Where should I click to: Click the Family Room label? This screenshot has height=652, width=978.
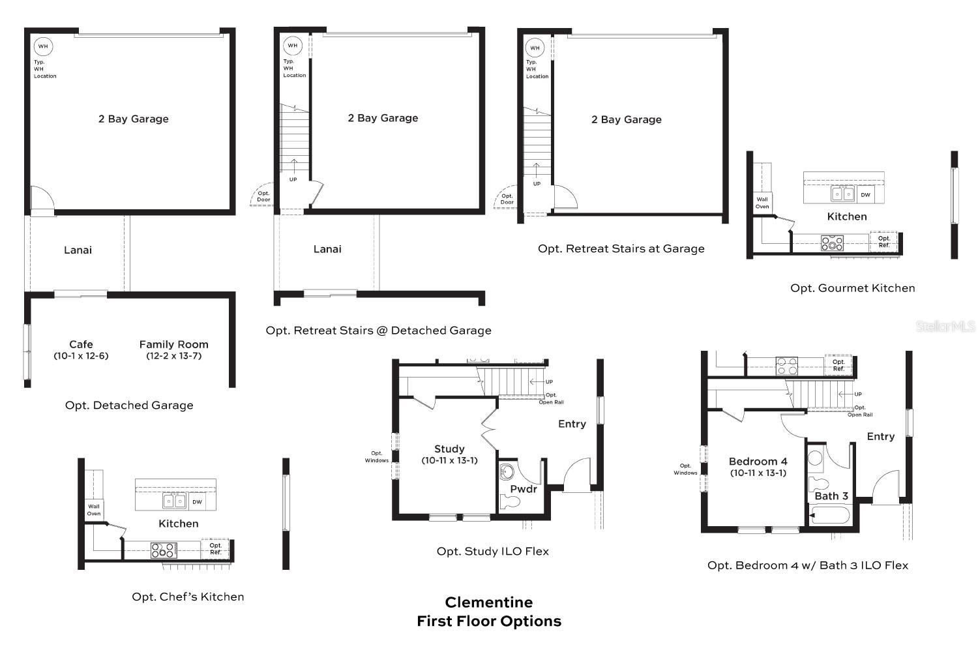[173, 345]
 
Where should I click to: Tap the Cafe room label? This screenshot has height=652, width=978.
[81, 345]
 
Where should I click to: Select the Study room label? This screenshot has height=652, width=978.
[449, 449]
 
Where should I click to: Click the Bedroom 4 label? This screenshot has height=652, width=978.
[758, 462]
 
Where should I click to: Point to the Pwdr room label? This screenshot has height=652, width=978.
[523, 489]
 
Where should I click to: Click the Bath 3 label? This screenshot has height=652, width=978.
[831, 496]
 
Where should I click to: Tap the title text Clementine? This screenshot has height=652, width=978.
[488, 602]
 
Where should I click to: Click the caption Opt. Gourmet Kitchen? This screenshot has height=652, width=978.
[852, 288]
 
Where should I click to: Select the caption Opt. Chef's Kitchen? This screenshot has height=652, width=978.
[188, 597]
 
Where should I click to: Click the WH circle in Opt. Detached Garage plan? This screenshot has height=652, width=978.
[43, 46]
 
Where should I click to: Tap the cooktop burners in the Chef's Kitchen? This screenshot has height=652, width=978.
[163, 550]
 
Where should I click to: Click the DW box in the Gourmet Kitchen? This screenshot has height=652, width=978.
[865, 194]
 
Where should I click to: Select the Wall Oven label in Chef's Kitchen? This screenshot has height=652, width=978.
[94, 510]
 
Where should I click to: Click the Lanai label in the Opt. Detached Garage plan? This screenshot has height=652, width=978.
[78, 250]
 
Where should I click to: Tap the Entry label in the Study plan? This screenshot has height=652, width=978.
[572, 424]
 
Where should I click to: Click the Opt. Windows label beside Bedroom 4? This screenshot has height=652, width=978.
[685, 469]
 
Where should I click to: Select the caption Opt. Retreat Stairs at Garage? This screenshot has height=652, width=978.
[621, 249]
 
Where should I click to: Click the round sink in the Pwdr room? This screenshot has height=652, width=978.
[507, 471]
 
